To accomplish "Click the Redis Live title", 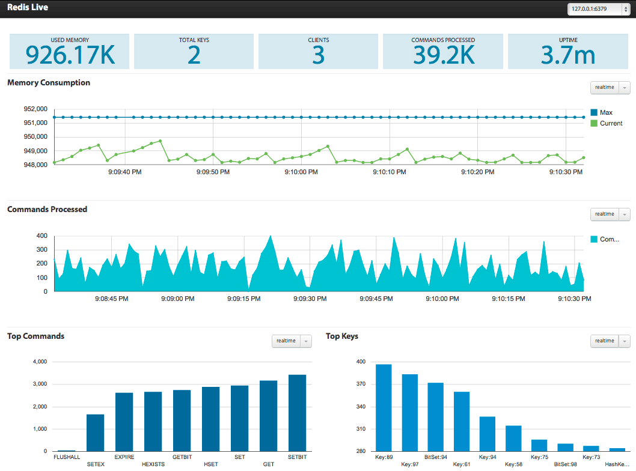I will click(28, 8).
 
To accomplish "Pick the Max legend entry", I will click(606, 112).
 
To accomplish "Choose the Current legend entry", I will click(611, 123).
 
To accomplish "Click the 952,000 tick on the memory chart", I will click(35, 109).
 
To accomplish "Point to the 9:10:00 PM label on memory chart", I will click(301, 172).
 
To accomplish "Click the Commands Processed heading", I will click(47, 210).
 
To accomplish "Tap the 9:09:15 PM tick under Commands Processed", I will click(243, 299).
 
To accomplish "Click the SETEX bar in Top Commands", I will click(95, 433).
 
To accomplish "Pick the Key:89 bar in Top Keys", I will click(384, 408).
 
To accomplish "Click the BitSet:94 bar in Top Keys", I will click(436, 417).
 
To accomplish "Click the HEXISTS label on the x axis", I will click(153, 464).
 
